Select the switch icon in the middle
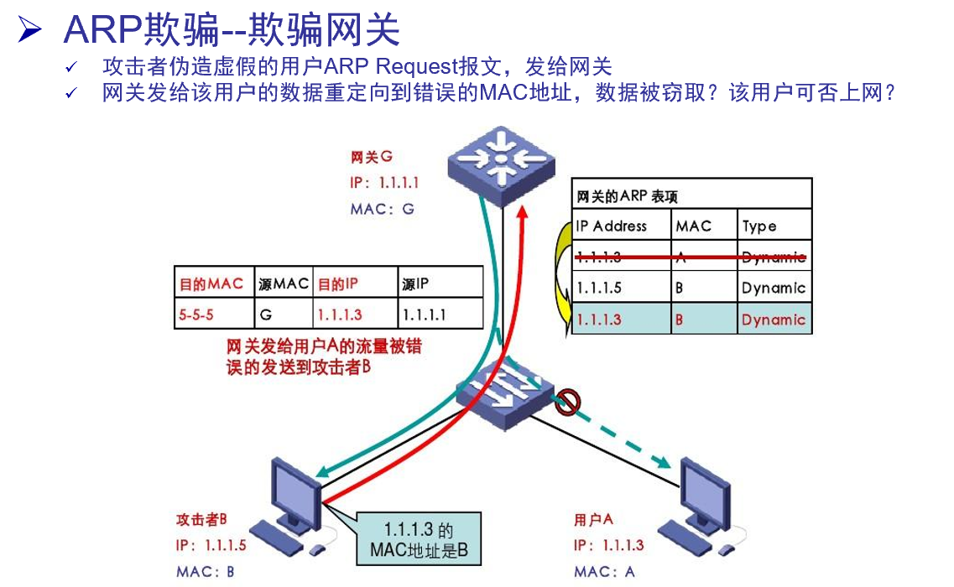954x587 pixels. (x=503, y=393)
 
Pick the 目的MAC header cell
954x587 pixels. (x=211, y=283)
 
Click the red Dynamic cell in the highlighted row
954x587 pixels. (x=773, y=319)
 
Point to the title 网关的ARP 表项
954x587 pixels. (x=627, y=197)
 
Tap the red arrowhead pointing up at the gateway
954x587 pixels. (x=522, y=217)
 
